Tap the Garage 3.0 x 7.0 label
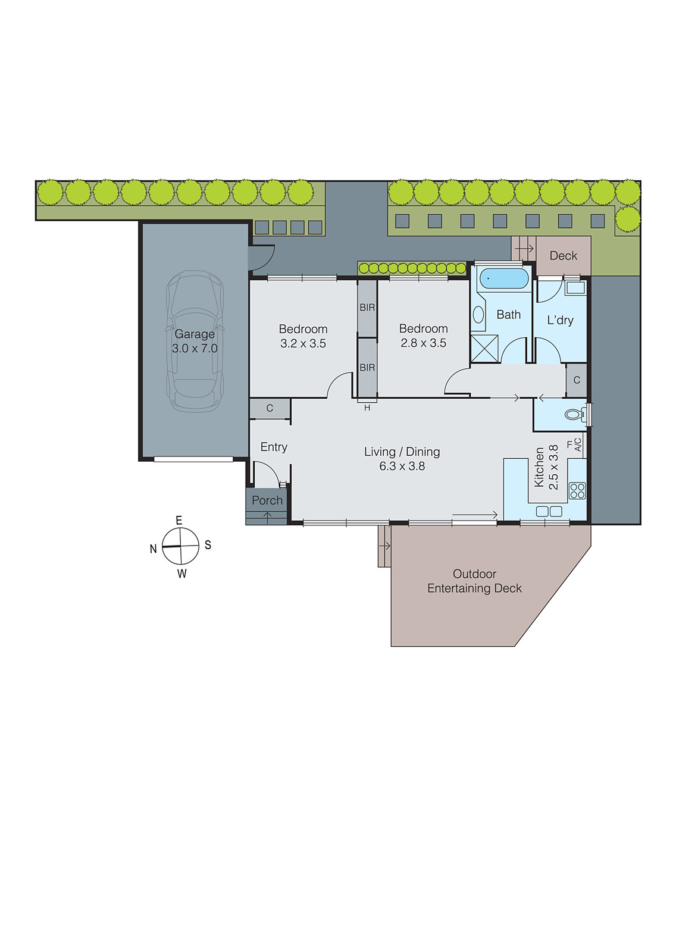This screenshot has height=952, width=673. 195,341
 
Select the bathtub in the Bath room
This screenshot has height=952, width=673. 503,278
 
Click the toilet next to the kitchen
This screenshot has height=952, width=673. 575,414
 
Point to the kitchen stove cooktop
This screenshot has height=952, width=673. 577,491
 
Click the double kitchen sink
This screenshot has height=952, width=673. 549,511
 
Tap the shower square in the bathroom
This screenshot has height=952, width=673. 484,348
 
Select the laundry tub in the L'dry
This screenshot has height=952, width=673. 575,289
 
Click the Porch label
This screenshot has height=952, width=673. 267,500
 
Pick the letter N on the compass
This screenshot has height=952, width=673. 154,549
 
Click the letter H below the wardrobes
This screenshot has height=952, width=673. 367,408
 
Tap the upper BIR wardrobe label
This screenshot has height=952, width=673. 367,308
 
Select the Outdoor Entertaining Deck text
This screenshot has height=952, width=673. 474,581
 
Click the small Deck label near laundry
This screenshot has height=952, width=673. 563,256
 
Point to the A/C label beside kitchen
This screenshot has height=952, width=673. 578,444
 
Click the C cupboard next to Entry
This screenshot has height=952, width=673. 270,408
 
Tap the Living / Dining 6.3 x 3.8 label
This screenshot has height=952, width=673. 402,459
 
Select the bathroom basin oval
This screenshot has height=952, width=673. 478,315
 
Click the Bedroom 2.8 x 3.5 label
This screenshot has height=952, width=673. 423,336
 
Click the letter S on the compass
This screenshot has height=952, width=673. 208,545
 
